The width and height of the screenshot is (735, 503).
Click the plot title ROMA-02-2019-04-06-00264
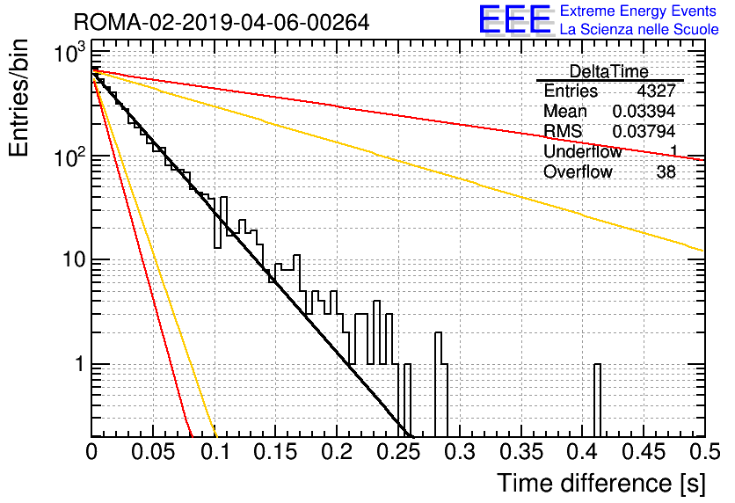click(222, 22)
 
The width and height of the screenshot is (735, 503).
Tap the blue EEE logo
click(515, 19)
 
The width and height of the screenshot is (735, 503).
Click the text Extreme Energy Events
click(638, 11)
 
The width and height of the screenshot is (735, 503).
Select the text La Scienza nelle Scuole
click(639, 30)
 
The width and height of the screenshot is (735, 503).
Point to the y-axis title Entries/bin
click(18, 98)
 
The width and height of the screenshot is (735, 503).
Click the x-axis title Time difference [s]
click(601, 484)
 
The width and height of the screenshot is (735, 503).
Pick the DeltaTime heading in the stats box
click(609, 71)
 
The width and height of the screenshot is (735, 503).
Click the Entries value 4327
click(656, 91)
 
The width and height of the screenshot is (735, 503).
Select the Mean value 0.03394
click(644, 111)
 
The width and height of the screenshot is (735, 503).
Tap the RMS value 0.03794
click(644, 131)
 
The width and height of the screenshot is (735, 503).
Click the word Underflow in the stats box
click(582, 151)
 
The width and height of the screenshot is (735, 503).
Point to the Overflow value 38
click(666, 171)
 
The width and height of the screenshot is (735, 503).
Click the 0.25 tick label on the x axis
click(398, 452)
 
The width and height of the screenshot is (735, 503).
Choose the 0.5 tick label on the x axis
click(704, 452)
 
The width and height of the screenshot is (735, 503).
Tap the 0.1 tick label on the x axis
click(215, 452)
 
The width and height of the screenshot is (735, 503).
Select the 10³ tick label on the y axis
click(69, 53)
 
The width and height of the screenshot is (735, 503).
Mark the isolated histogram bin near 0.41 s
click(597, 400)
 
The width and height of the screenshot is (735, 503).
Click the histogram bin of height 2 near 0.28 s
click(439, 384)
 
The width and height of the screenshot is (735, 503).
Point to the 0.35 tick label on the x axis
click(521, 452)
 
